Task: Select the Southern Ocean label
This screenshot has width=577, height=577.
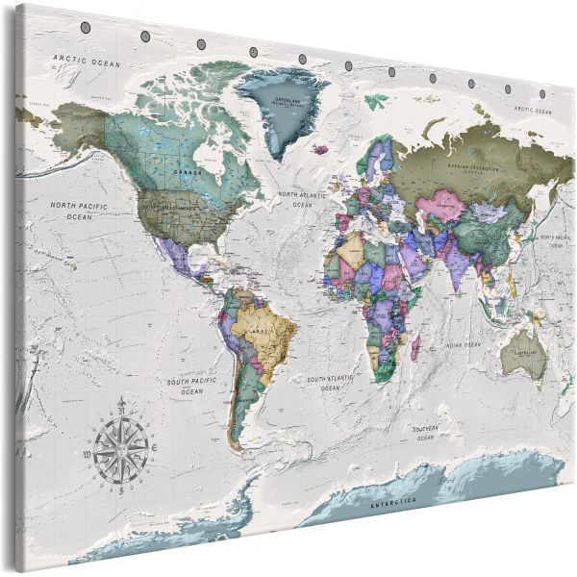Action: pyautogui.click(x=426, y=433)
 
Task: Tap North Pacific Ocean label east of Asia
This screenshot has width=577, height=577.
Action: pyautogui.click(x=556, y=240)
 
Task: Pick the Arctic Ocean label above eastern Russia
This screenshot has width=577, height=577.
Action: pyautogui.click(x=535, y=111)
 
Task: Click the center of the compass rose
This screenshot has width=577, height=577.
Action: pyautogui.click(x=122, y=445)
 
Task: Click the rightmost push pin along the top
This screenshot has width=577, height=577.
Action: pyautogui.click(x=542, y=94)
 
